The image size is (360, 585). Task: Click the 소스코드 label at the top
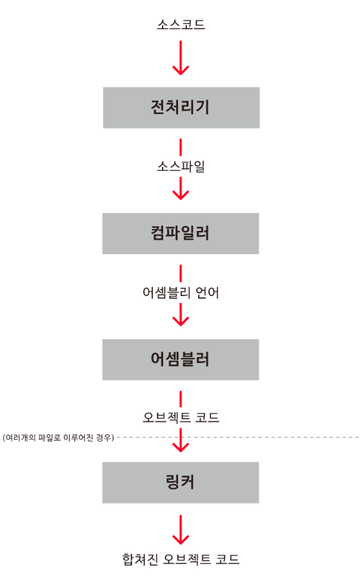pyautogui.click(x=181, y=25)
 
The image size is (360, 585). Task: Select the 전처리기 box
pyautogui.click(x=181, y=108)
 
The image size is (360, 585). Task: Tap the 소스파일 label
pyautogui.click(x=181, y=166)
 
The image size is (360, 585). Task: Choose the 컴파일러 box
pyautogui.click(x=181, y=233)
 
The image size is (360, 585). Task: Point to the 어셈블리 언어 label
pyautogui.click(x=181, y=293)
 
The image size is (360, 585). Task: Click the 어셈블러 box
pyautogui.click(x=181, y=360)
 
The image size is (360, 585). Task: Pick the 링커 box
pyautogui.click(x=181, y=483)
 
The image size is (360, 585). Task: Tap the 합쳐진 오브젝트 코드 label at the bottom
pyautogui.click(x=181, y=559)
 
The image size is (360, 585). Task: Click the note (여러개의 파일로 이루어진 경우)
pyautogui.click(x=58, y=437)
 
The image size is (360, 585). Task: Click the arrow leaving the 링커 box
pyautogui.click(x=181, y=530)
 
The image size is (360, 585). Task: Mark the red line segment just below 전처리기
pyautogui.click(x=181, y=147)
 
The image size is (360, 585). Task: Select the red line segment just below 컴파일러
pyautogui.click(x=181, y=273)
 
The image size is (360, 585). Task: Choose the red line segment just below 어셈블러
pyautogui.click(x=181, y=399)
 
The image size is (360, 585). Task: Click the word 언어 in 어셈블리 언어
pyautogui.click(x=208, y=293)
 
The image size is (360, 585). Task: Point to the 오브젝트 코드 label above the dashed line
pyautogui.click(x=181, y=417)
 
